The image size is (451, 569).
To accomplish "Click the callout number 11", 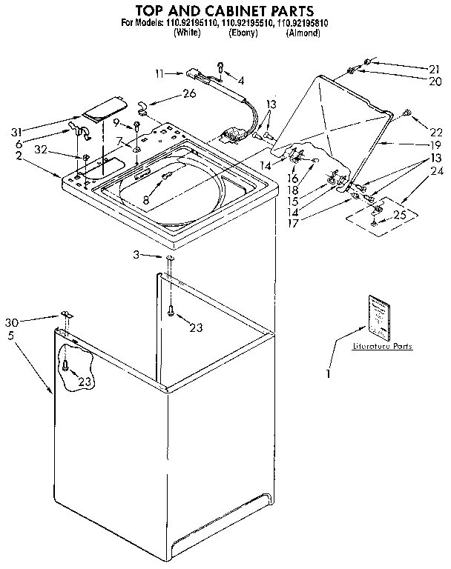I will (159, 73).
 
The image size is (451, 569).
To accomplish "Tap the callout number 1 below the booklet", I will (327, 375).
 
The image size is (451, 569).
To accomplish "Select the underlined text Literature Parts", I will (382, 346).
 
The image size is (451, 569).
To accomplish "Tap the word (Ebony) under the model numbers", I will (242, 33).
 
